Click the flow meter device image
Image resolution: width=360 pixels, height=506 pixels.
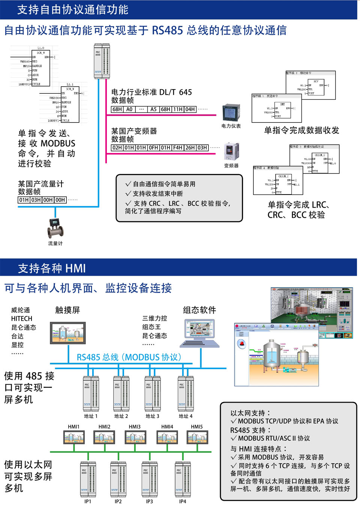55,228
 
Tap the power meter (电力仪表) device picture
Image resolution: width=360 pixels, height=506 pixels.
231,113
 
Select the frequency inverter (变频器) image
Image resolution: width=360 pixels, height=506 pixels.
231,151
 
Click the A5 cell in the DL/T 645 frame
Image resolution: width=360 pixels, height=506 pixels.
153,109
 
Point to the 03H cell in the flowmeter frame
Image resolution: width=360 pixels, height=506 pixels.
36,200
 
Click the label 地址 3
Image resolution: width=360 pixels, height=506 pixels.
152,416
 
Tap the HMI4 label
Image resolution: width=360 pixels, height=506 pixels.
167,427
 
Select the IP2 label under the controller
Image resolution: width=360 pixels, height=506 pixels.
118,502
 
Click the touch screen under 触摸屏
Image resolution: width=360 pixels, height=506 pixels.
68,333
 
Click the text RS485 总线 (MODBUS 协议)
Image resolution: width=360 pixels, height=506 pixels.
129,357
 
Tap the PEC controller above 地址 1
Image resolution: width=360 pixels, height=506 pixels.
91,393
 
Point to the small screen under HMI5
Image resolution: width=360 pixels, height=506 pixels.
197,437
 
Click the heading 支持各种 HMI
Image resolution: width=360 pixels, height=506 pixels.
52,268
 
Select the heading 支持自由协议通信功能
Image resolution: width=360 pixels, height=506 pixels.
73,10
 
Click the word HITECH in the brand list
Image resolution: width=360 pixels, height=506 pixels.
22,319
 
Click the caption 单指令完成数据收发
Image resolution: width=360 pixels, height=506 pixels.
301,130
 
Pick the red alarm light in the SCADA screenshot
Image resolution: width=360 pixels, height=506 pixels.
242,343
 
